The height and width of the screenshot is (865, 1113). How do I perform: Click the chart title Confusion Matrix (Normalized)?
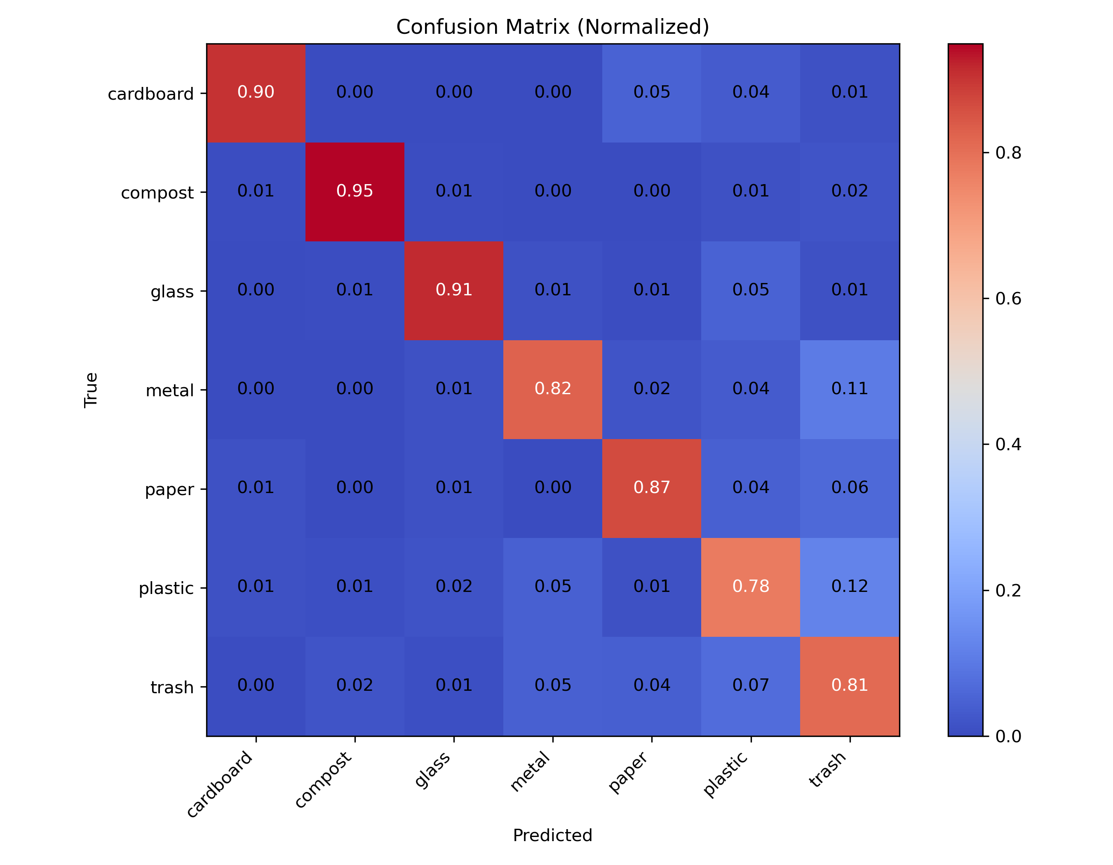coord(552,27)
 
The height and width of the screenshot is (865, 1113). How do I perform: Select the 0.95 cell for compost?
coord(355,191)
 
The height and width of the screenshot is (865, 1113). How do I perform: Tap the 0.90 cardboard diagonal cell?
coord(256,92)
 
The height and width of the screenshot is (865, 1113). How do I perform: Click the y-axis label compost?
coord(157,193)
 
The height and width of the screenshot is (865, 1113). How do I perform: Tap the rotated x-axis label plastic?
coord(725,774)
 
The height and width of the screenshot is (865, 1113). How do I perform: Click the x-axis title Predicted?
coord(552,835)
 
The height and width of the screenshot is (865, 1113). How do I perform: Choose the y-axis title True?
coord(91,390)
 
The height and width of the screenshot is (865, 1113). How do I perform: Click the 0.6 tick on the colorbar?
coord(1008,299)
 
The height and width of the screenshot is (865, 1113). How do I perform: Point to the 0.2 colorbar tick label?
coord(1008,591)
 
